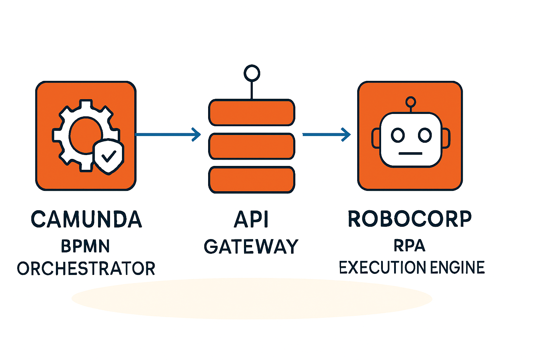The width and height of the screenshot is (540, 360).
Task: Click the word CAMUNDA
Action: [x=86, y=219]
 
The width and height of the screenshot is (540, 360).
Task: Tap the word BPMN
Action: [x=85, y=246]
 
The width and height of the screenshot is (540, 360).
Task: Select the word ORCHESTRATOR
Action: [x=86, y=268]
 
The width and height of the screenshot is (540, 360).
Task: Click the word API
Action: [x=251, y=219]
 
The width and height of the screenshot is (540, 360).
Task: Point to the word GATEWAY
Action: [x=251, y=246]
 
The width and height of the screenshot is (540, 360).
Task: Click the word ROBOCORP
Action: [x=410, y=219]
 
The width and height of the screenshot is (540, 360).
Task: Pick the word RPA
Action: [x=410, y=246]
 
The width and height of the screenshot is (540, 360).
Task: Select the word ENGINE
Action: [x=457, y=268]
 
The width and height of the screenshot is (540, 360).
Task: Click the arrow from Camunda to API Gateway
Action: [x=168, y=134]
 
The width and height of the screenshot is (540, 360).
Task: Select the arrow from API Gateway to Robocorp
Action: [x=327, y=135]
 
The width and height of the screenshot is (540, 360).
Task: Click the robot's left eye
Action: [x=398, y=135]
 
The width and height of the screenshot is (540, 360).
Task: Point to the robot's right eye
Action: [x=425, y=135]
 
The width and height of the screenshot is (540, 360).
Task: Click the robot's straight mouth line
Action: [x=410, y=153]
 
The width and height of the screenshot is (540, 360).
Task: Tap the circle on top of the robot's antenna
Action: [x=411, y=102]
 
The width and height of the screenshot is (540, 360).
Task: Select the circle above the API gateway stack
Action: [x=252, y=73]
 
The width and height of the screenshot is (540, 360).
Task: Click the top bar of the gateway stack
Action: [x=252, y=112]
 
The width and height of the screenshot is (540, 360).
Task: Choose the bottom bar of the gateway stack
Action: [x=252, y=180]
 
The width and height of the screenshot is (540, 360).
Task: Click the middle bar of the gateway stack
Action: [x=252, y=146]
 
